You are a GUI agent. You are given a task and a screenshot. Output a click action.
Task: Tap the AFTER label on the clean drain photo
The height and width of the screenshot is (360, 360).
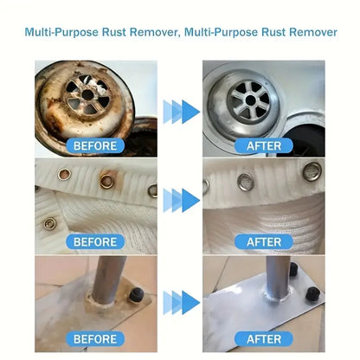[264, 146]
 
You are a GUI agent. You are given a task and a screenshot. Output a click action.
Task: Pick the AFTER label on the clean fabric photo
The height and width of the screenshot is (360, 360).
[264, 241]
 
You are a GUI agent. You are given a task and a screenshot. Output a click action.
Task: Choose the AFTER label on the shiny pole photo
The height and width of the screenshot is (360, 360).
[264, 339]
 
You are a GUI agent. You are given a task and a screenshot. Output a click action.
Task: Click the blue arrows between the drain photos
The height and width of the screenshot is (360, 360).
[180, 111]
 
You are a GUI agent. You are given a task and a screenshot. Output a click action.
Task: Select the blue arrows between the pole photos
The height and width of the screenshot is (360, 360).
[180, 302]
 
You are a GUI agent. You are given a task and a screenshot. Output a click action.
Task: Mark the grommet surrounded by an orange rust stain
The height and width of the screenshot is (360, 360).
[107, 182]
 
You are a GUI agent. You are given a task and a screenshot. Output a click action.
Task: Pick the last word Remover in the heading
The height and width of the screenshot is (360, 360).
[310, 33]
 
